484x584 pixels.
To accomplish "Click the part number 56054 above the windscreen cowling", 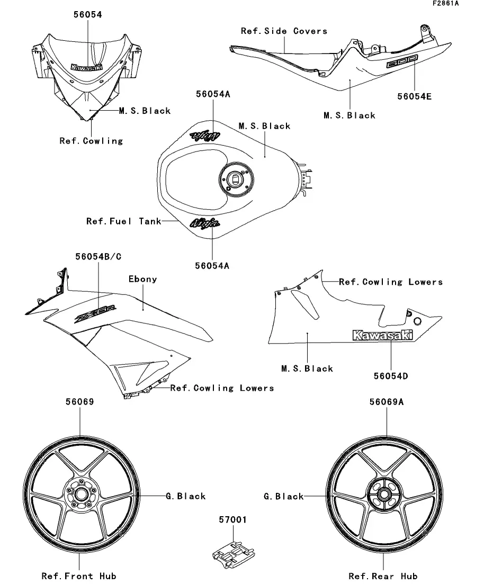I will pyautogui.click(x=87, y=15).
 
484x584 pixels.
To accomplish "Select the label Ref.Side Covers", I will pyautogui.click(x=284, y=31).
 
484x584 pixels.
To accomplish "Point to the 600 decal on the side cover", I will pyautogui.click(x=401, y=62).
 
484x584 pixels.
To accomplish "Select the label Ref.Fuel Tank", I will pyautogui.click(x=123, y=221).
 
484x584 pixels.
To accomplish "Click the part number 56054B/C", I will pyautogui.click(x=98, y=256).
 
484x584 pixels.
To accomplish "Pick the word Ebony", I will pyautogui.click(x=143, y=279).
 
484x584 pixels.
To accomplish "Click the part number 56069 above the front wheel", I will pyautogui.click(x=80, y=402).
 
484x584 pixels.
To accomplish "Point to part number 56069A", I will pyautogui.click(x=387, y=402).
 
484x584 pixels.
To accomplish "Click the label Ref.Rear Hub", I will pyautogui.click(x=383, y=576).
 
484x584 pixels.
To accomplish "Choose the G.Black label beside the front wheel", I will pyautogui.click(x=185, y=496).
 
